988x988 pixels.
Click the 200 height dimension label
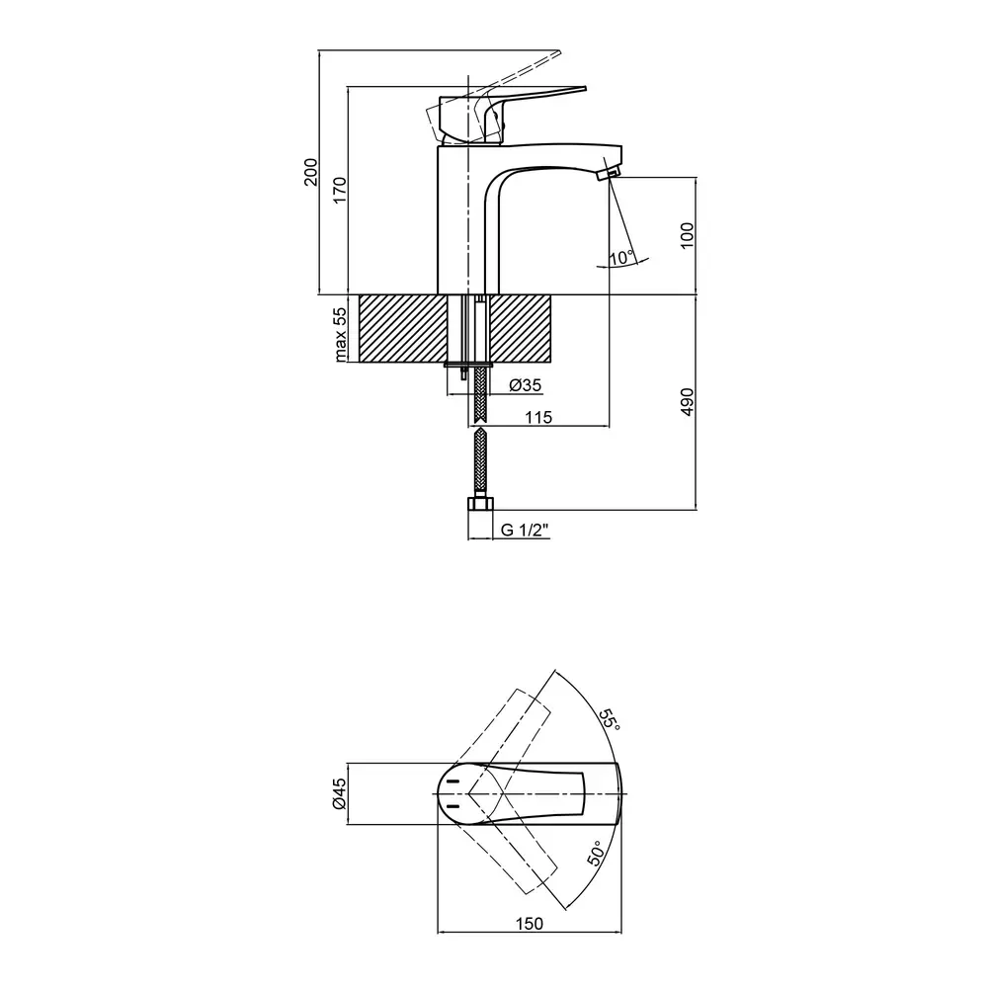309,174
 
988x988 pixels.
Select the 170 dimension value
340,191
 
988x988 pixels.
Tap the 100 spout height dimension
688,234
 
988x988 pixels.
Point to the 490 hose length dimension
688,402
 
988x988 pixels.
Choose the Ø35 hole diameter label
525,385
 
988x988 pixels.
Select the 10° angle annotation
621,258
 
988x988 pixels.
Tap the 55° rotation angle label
610,719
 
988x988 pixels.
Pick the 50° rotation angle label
597,853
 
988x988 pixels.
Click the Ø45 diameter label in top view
340,793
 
